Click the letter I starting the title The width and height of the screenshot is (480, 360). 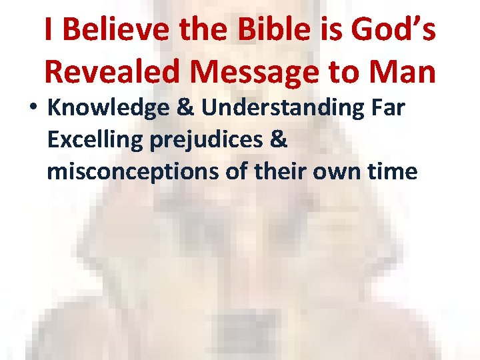(49, 31)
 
